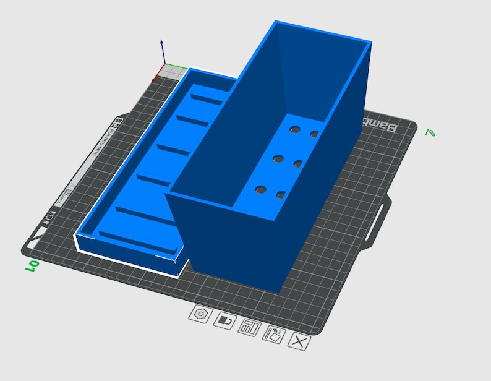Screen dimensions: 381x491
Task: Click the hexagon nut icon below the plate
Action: [x=200, y=314]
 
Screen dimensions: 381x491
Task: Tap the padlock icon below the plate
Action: [x=224, y=320]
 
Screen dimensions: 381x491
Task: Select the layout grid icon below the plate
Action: [x=249, y=327]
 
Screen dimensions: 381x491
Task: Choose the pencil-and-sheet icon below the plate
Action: [x=273, y=334]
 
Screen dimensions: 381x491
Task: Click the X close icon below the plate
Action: [x=299, y=341]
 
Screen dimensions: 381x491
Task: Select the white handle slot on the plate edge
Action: [x=379, y=220]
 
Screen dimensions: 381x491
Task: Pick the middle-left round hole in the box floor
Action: [x=278, y=159]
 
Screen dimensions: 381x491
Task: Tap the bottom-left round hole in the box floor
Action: [x=260, y=189]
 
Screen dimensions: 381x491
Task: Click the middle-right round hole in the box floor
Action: [x=297, y=163]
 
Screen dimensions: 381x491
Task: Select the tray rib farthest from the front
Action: [x=206, y=99]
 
